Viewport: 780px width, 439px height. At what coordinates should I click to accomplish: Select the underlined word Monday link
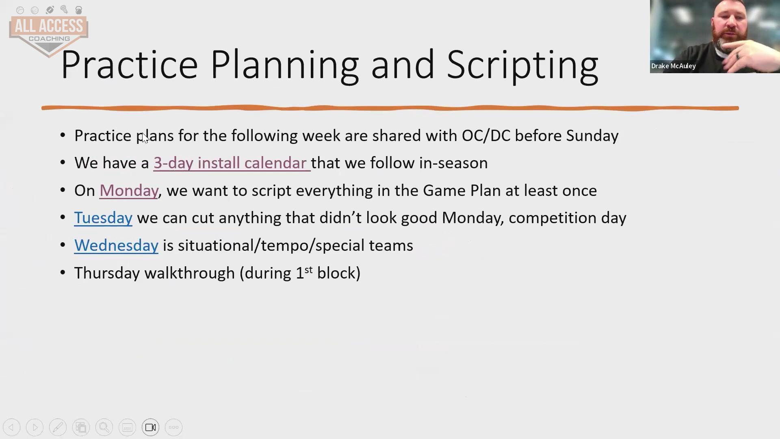tap(129, 191)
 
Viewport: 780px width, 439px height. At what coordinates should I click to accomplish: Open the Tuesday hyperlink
tap(103, 218)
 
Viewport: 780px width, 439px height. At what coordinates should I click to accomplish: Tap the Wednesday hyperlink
tap(116, 246)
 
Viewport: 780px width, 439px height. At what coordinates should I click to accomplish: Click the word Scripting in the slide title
tap(522, 65)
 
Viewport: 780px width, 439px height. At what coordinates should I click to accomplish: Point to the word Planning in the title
tap(285, 65)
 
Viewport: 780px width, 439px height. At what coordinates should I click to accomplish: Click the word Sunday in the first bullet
tap(592, 136)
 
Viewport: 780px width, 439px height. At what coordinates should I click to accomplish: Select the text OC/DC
tap(486, 136)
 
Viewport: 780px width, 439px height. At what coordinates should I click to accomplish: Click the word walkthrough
tap(190, 273)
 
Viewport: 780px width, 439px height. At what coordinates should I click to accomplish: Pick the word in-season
tap(453, 163)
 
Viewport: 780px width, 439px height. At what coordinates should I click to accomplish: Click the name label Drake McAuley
tap(674, 66)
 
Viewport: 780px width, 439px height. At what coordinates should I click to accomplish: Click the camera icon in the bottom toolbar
tap(151, 427)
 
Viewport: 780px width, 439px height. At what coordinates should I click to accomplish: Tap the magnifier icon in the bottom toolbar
tap(104, 427)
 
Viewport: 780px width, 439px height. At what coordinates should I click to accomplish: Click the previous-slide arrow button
tap(11, 427)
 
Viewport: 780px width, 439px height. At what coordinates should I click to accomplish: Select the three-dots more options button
tap(174, 427)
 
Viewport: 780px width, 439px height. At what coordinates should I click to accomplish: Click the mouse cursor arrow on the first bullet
tap(145, 138)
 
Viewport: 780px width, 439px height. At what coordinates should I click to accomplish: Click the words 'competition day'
tap(568, 218)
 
